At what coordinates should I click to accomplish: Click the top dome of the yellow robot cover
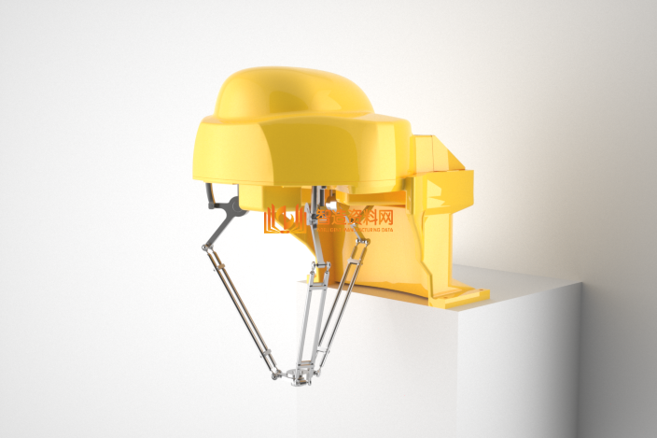pos(289,90)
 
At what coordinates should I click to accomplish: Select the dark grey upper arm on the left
pos(225,216)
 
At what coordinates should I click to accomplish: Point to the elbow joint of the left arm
pos(205,246)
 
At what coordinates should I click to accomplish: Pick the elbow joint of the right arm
pos(362,244)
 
